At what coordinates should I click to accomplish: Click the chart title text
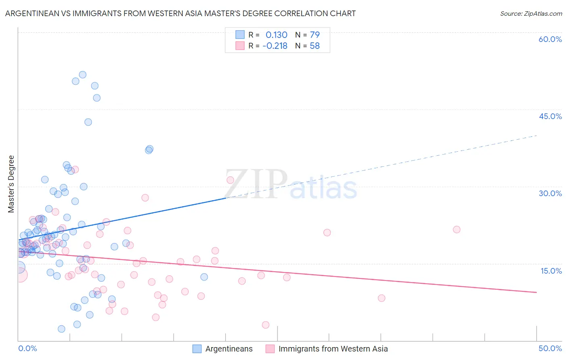pyautogui.click(x=180, y=13)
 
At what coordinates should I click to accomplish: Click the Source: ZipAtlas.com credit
pyautogui.click(x=531, y=13)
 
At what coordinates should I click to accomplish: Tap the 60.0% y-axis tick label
pyautogui.click(x=550, y=39)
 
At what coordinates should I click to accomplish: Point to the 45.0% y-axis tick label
pyautogui.click(x=550, y=116)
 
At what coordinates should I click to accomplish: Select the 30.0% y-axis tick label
pyautogui.click(x=550, y=193)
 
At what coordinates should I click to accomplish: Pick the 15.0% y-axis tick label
pyautogui.click(x=551, y=270)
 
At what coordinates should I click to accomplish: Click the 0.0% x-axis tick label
pyautogui.click(x=27, y=348)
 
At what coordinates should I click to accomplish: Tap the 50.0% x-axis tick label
pyautogui.click(x=550, y=348)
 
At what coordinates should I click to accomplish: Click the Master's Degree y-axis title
pyautogui.click(x=11, y=184)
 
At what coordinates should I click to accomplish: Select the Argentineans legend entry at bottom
pyautogui.click(x=229, y=349)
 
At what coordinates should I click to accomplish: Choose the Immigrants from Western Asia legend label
pyautogui.click(x=333, y=349)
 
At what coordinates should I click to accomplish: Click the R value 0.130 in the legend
pyautogui.click(x=276, y=35)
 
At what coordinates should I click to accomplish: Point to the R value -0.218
pyautogui.click(x=275, y=46)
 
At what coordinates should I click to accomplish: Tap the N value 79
pyautogui.click(x=315, y=35)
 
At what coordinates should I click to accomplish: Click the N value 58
pyautogui.click(x=315, y=46)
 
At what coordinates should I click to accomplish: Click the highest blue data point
pyautogui.click(x=83, y=75)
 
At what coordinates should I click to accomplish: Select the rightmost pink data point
pyautogui.click(x=457, y=230)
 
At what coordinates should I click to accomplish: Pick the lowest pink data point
pyautogui.click(x=265, y=325)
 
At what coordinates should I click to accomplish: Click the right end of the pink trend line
pyautogui.click(x=536, y=292)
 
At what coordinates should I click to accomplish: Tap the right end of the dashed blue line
pyautogui.click(x=536, y=136)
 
